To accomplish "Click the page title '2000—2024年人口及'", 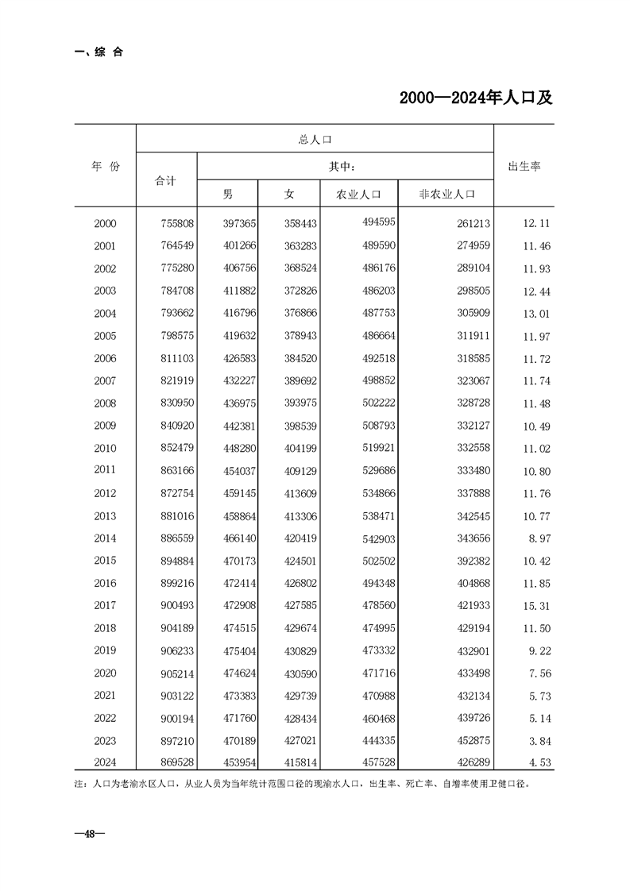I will [x=475, y=98].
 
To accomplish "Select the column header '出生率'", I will [x=524, y=168].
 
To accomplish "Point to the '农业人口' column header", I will [x=359, y=194].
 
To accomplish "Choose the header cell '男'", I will [x=228, y=194].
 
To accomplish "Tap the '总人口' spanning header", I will [x=315, y=140].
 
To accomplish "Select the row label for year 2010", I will [x=105, y=449].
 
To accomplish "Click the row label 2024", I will [x=105, y=763].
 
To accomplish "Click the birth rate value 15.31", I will [x=537, y=606].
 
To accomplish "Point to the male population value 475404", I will [x=238, y=651].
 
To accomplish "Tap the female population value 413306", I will [x=300, y=516].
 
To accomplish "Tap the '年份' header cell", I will [x=105, y=167].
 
